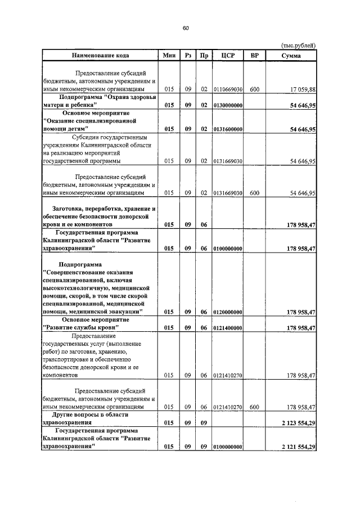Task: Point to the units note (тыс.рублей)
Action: (x=298, y=45)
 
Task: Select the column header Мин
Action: (x=169, y=55)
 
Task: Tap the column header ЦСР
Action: (x=228, y=55)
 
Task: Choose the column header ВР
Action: (x=255, y=55)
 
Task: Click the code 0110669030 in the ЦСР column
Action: (x=228, y=89)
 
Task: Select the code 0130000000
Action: (x=228, y=105)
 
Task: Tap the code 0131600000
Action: (x=228, y=129)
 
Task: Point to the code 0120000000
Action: (x=228, y=312)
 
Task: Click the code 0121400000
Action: (x=228, y=327)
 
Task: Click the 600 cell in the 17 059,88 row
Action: (x=255, y=89)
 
